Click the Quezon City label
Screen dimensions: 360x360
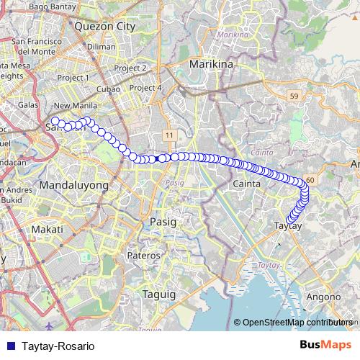click(x=105, y=26)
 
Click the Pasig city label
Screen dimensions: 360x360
click(x=163, y=222)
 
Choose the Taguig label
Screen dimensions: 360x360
click(x=158, y=295)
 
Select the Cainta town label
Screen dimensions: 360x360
click(x=246, y=184)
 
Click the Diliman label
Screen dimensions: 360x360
click(x=100, y=46)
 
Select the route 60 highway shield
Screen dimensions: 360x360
click(x=310, y=179)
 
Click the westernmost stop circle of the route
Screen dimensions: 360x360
click(x=55, y=121)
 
